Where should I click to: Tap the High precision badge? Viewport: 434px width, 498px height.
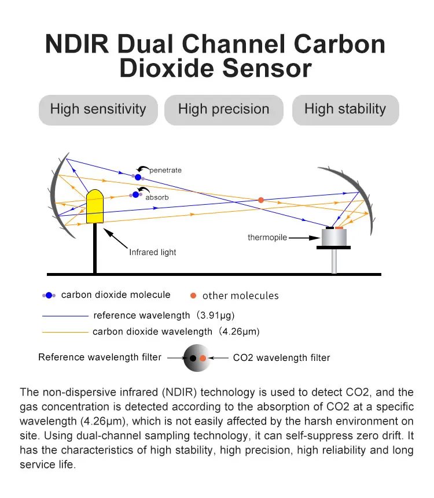point(223,109)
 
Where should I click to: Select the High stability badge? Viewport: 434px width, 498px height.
point(345,109)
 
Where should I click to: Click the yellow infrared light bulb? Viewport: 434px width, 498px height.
point(94,207)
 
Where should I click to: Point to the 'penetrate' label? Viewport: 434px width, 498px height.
point(165,170)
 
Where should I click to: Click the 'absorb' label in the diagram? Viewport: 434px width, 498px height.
point(157,197)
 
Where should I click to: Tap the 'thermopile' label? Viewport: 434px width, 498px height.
point(267,238)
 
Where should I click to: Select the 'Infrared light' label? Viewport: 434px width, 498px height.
point(153,252)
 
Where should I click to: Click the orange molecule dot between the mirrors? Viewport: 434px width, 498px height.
point(261,200)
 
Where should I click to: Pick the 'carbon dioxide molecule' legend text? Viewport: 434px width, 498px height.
point(116,295)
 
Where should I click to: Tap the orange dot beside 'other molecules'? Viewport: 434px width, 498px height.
point(193,296)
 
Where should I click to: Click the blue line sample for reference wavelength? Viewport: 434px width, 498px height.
point(65,316)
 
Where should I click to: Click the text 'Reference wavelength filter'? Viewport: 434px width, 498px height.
point(100,357)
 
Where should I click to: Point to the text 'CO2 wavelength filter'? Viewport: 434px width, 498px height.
point(281,358)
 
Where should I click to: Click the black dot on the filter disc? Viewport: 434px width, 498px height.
point(193,359)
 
